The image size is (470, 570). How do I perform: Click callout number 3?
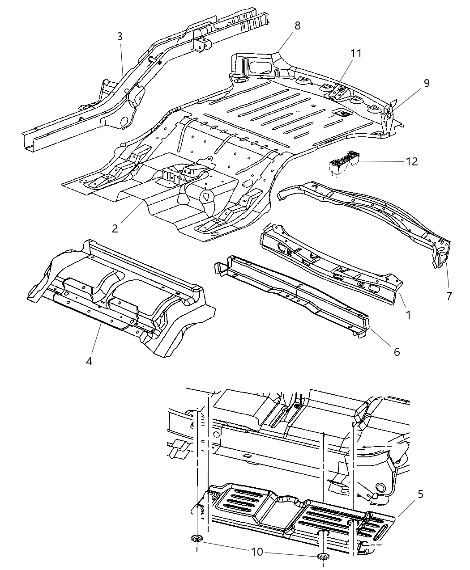click(120, 37)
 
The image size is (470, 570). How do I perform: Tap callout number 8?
click(297, 25)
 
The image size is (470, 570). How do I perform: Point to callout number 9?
click(426, 83)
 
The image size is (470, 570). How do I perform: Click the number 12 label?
click(411, 161)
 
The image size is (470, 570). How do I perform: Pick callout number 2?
click(115, 228)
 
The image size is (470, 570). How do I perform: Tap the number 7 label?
click(449, 296)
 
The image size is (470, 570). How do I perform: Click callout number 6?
click(396, 352)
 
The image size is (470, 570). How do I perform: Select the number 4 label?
click(89, 361)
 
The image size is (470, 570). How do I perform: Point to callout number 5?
click(420, 494)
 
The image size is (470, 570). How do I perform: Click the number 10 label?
click(257, 552)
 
